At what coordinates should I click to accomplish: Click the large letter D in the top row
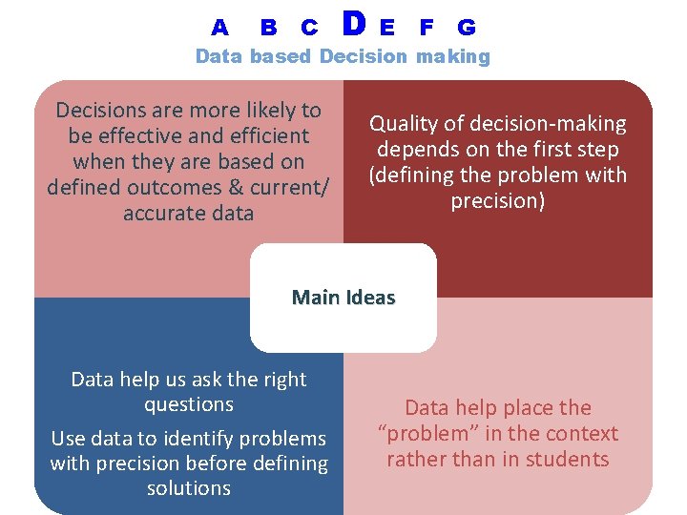353,24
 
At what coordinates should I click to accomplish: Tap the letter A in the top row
220,28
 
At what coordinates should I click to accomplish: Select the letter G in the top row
467,28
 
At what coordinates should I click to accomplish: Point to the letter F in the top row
427,28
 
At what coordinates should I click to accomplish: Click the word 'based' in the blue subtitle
280,56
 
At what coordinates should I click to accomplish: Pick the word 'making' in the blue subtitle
452,56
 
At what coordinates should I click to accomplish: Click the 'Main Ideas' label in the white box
343,298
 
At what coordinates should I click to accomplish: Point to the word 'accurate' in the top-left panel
163,213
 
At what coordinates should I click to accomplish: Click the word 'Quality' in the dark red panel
403,124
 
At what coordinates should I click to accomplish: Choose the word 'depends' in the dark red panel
414,150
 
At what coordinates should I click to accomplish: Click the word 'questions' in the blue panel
189,404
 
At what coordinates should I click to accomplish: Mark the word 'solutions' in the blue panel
189,488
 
